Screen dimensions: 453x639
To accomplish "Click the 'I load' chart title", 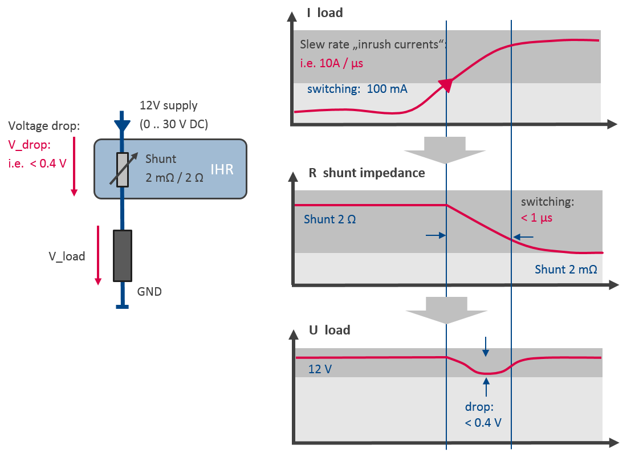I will click(324, 13).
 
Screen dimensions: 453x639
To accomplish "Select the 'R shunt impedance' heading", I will click(367, 173).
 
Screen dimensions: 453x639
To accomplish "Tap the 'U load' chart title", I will click(329, 330).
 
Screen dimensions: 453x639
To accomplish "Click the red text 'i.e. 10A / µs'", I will click(331, 63).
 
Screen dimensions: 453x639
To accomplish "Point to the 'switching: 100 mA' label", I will click(357, 89).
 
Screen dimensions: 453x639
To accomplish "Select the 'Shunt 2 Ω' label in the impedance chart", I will click(330, 219).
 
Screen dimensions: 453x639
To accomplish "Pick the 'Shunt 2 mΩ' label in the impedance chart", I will click(565, 270).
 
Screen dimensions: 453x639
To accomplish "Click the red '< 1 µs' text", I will click(536, 217).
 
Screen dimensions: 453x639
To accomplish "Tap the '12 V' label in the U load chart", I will click(320, 369).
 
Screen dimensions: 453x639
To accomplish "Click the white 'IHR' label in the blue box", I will click(222, 169).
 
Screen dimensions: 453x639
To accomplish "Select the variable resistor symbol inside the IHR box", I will click(121, 169).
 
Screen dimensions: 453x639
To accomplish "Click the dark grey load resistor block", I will click(122, 255).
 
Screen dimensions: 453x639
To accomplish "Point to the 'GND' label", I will click(149, 292).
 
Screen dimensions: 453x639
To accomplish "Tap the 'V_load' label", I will click(67, 256).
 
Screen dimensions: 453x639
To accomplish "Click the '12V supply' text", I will click(169, 105).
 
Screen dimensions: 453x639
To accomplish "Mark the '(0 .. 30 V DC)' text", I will click(174, 124).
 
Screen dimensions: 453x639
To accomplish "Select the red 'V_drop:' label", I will click(29, 144).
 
